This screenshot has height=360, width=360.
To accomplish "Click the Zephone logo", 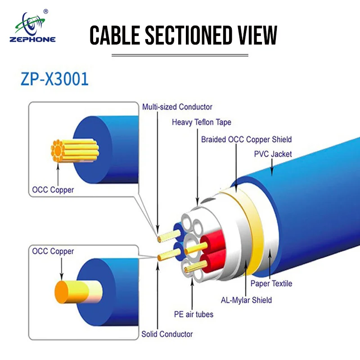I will click(32, 28).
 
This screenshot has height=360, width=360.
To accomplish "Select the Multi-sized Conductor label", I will click(177, 107).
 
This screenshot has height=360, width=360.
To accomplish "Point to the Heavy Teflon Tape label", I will click(201, 122).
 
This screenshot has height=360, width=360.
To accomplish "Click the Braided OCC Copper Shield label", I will click(246, 139).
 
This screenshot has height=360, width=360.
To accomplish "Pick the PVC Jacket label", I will click(273, 154).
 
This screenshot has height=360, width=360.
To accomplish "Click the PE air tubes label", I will click(193, 314).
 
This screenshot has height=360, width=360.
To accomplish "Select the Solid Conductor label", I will click(167, 334).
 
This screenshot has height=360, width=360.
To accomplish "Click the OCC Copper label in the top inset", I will click(53, 189).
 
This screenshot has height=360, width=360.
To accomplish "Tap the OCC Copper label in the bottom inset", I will click(53, 251).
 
